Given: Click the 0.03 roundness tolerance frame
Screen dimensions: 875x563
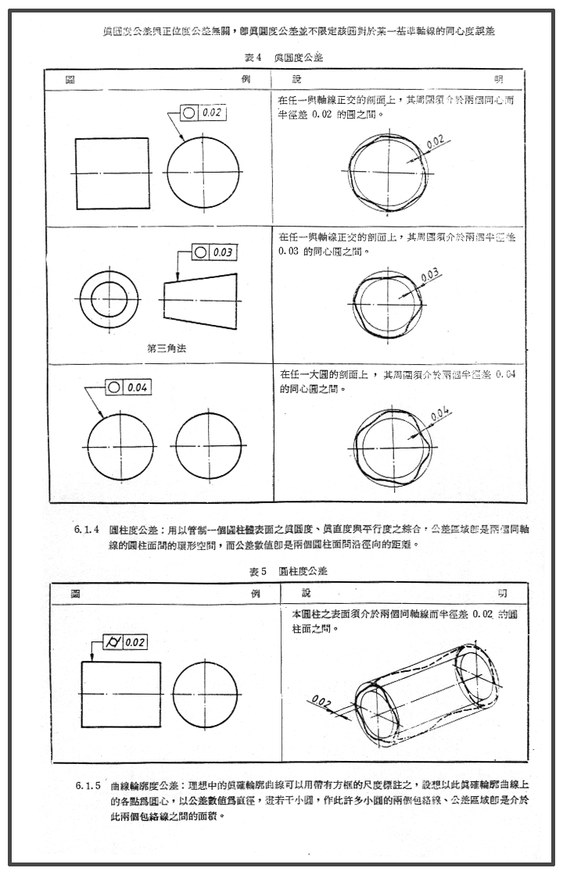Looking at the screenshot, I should (213, 252).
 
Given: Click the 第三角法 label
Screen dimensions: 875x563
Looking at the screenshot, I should (167, 348).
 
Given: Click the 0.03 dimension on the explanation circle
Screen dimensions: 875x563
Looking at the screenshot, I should (429, 276).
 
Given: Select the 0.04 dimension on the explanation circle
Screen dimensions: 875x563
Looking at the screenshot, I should (439, 411).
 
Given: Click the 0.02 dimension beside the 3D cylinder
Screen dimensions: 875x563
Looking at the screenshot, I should (319, 701).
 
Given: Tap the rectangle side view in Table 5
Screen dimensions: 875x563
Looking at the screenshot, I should (121, 693).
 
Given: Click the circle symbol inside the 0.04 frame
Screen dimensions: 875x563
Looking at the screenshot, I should (115, 387).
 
